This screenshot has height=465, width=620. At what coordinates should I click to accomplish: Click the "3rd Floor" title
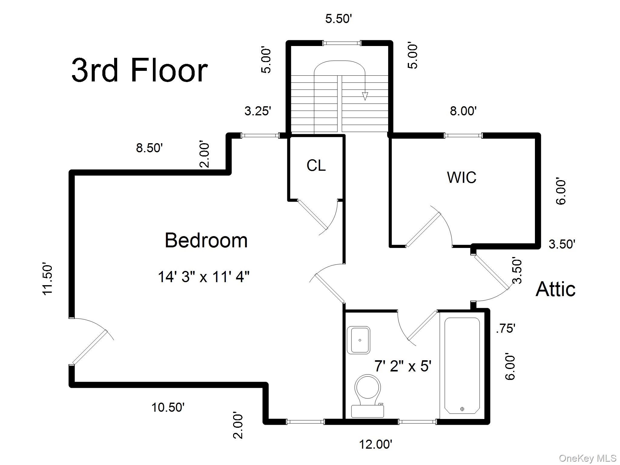[x=140, y=71]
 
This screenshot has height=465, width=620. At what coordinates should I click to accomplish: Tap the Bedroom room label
[x=206, y=240]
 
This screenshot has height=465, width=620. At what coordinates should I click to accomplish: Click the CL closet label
[x=316, y=165]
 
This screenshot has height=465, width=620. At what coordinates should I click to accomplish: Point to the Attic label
[x=556, y=289]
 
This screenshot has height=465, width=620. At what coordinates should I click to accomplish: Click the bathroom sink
[x=358, y=340]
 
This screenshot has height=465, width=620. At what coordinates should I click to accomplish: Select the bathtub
[x=462, y=365]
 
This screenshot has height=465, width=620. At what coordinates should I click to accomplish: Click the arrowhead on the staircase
[x=365, y=96]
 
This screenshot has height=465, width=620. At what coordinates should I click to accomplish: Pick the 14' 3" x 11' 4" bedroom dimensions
[x=204, y=277]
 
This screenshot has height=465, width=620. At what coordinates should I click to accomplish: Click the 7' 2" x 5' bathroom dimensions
[x=403, y=366]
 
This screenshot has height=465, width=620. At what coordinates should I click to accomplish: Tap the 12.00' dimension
[x=376, y=444]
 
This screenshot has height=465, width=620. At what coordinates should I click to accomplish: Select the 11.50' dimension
[x=48, y=279]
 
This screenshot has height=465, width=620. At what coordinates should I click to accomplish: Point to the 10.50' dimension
[x=168, y=407]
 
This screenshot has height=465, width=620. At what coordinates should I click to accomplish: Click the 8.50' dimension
[x=150, y=148]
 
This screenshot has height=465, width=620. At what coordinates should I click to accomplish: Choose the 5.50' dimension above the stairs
[x=339, y=19]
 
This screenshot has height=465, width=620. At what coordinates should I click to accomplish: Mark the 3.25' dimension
[x=258, y=111]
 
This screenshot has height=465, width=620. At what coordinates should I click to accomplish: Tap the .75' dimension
[x=506, y=328]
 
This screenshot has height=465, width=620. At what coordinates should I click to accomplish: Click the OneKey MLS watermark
[x=588, y=459]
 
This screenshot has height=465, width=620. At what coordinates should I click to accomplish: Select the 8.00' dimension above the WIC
[x=463, y=111]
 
